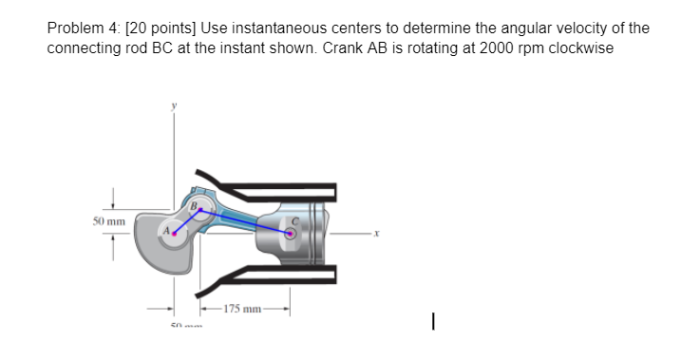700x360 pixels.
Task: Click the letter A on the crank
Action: coord(165,228)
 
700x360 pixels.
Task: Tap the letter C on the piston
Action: coord(295,219)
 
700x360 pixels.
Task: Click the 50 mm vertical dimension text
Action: coord(110,220)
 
